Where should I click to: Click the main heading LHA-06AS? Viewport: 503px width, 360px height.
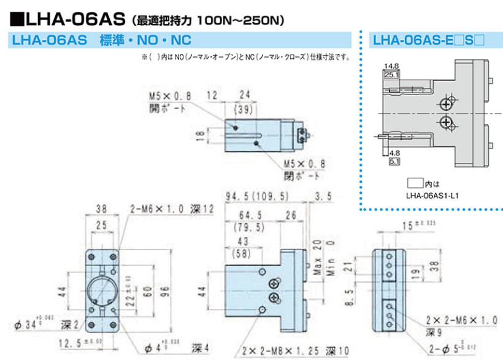click(x=67, y=18)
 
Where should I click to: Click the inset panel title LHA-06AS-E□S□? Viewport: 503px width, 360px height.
click(x=429, y=40)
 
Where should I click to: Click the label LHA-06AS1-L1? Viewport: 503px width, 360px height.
click(x=433, y=196)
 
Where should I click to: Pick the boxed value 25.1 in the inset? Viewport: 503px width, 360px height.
click(x=390, y=74)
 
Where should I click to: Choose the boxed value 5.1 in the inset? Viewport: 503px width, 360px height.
click(x=395, y=161)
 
